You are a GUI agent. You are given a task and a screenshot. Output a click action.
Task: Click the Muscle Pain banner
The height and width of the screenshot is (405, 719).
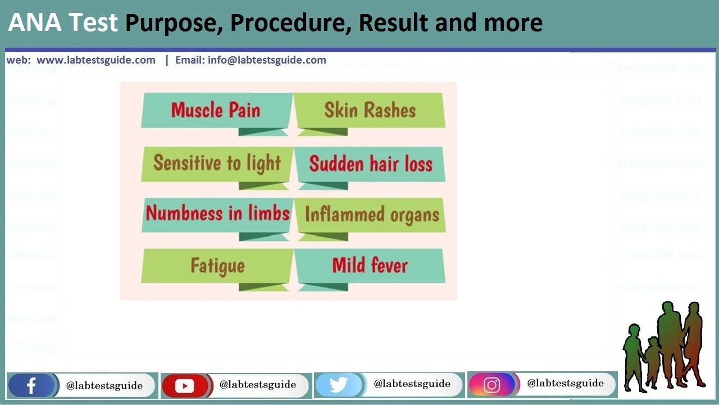point(216,110)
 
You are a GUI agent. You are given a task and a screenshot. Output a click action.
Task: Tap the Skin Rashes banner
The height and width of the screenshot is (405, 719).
point(370,110)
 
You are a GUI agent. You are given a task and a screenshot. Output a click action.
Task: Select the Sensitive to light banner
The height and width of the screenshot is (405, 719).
point(217,163)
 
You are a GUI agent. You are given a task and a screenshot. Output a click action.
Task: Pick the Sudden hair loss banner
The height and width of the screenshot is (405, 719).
point(371,164)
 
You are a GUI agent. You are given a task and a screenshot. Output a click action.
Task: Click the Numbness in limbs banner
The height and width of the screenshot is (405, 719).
point(217,214)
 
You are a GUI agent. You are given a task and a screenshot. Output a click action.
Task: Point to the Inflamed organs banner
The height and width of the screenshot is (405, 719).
point(371,214)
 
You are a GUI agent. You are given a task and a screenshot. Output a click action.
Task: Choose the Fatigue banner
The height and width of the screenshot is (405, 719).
point(217,265)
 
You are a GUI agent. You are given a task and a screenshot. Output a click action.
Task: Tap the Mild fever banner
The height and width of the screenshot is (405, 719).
point(370,265)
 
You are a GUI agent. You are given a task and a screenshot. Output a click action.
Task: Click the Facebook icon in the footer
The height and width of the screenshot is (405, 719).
point(31,386)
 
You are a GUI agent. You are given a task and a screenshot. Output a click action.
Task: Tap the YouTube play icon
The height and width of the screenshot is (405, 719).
point(184,386)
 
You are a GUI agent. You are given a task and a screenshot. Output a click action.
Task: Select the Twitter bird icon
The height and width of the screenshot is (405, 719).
point(338,385)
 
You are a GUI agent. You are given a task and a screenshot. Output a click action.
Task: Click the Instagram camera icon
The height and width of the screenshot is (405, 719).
point(492,385)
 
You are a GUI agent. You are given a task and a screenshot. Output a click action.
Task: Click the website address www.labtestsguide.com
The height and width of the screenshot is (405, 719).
point(96,60)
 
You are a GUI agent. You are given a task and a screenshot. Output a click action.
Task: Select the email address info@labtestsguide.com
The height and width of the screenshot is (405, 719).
point(267,60)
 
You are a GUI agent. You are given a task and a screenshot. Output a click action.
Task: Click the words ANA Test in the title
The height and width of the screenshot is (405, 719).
point(63,23)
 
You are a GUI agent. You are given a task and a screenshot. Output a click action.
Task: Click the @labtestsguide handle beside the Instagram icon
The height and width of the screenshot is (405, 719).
point(565,384)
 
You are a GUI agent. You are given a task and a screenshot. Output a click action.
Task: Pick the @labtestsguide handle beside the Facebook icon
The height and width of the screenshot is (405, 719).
point(104,386)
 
